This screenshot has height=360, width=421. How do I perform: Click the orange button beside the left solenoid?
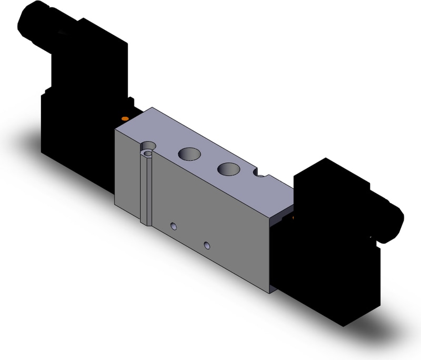click(x=124, y=118)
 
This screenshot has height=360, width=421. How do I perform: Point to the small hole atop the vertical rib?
click(x=148, y=153)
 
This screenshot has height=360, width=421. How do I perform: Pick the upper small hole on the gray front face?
click(x=172, y=226)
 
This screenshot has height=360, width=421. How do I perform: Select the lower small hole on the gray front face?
click(x=208, y=245)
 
